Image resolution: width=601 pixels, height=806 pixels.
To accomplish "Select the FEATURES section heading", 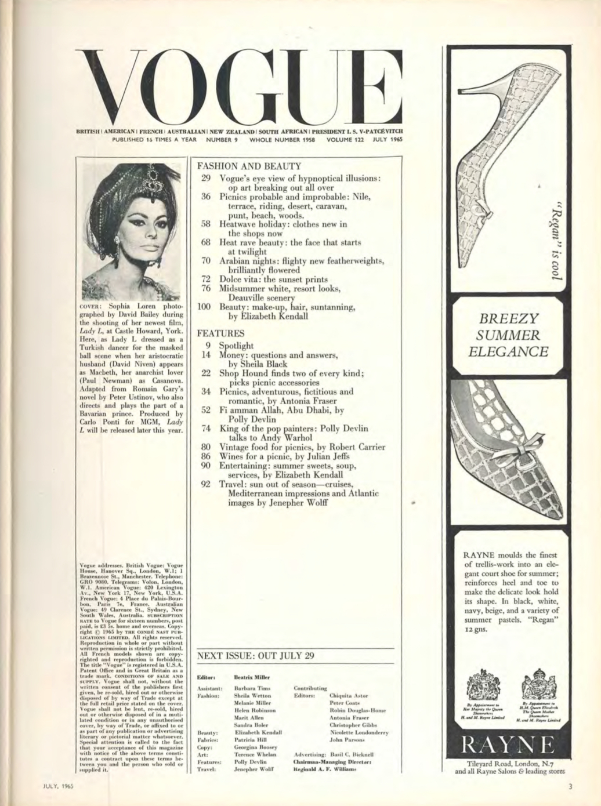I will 221,334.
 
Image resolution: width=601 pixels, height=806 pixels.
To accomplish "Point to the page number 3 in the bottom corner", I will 570,787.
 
